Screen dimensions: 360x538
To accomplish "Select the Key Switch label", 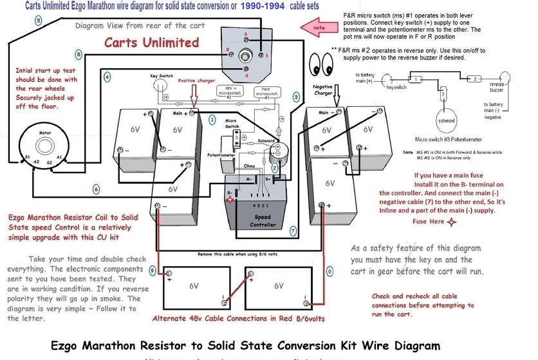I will coord(163,75).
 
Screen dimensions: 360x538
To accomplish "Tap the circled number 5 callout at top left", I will coord(38,21).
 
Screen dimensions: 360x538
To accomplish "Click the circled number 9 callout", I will coord(151,271).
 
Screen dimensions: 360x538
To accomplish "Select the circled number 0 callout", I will coord(329,272).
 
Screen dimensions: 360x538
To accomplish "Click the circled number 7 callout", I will coord(292,230).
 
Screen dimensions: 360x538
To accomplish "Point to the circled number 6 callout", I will coord(96,189).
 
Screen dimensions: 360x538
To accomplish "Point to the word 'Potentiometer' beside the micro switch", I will coord(221,155).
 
